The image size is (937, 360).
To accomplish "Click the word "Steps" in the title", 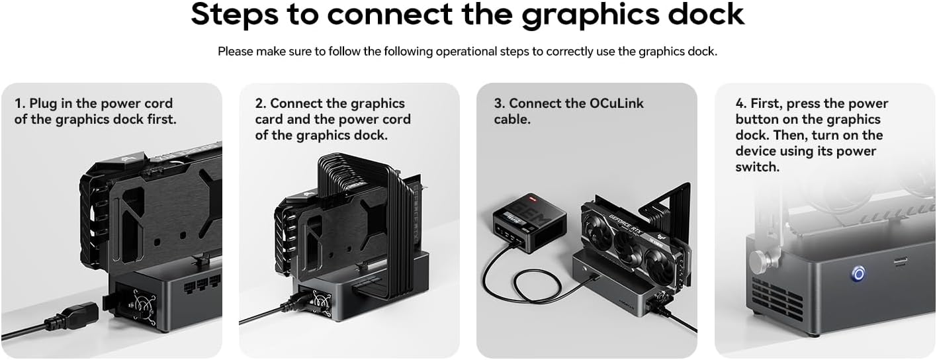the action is pyautogui.click(x=235, y=15).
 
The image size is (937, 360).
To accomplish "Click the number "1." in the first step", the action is pyautogui.click(x=20, y=103).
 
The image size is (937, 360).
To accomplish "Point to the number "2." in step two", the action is pyautogui.click(x=261, y=103).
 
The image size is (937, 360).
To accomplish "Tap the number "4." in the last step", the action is pyautogui.click(x=741, y=103).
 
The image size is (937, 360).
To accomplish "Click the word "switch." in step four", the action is pyautogui.click(x=757, y=167).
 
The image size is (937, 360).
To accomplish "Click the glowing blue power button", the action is pyautogui.click(x=858, y=274).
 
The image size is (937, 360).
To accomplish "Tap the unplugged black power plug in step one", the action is pyautogui.click(x=71, y=316).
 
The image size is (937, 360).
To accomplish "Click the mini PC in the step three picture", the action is pyautogui.click(x=529, y=224).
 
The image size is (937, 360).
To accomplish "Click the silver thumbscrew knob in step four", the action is pyautogui.click(x=758, y=262).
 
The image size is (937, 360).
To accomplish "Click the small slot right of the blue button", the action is pyautogui.click(x=901, y=261).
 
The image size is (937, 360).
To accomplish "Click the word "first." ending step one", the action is pyautogui.click(x=161, y=119).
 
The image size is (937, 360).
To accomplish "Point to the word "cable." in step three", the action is pyautogui.click(x=512, y=119).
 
